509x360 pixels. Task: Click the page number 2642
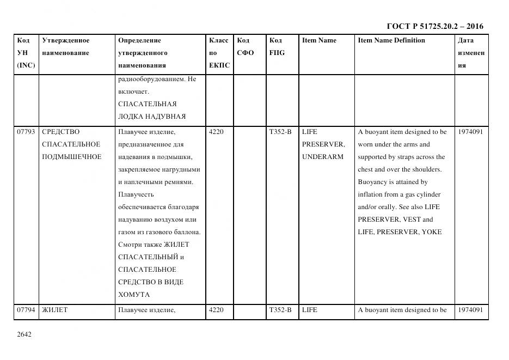pos(24,334)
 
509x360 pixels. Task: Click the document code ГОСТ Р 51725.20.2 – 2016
pos(434,26)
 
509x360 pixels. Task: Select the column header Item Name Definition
pos(391,40)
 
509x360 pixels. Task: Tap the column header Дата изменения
pos(471,53)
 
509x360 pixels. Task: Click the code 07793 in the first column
pos(26,132)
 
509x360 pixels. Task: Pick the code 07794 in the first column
pos(26,310)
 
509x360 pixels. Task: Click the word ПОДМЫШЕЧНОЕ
pos(71,157)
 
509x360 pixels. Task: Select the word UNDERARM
pos(322,157)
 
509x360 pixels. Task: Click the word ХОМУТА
pos(133,295)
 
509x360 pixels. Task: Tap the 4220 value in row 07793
pos(216,132)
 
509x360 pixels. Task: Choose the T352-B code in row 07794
pos(280,310)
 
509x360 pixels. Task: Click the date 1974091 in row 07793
pos(470,132)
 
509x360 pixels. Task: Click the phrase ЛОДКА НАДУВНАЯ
pos(151,117)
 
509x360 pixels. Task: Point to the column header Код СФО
pos(245,47)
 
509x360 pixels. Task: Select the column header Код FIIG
pos(277,47)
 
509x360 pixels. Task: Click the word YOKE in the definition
pos(431,232)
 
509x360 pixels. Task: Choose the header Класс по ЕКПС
pos(219,53)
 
